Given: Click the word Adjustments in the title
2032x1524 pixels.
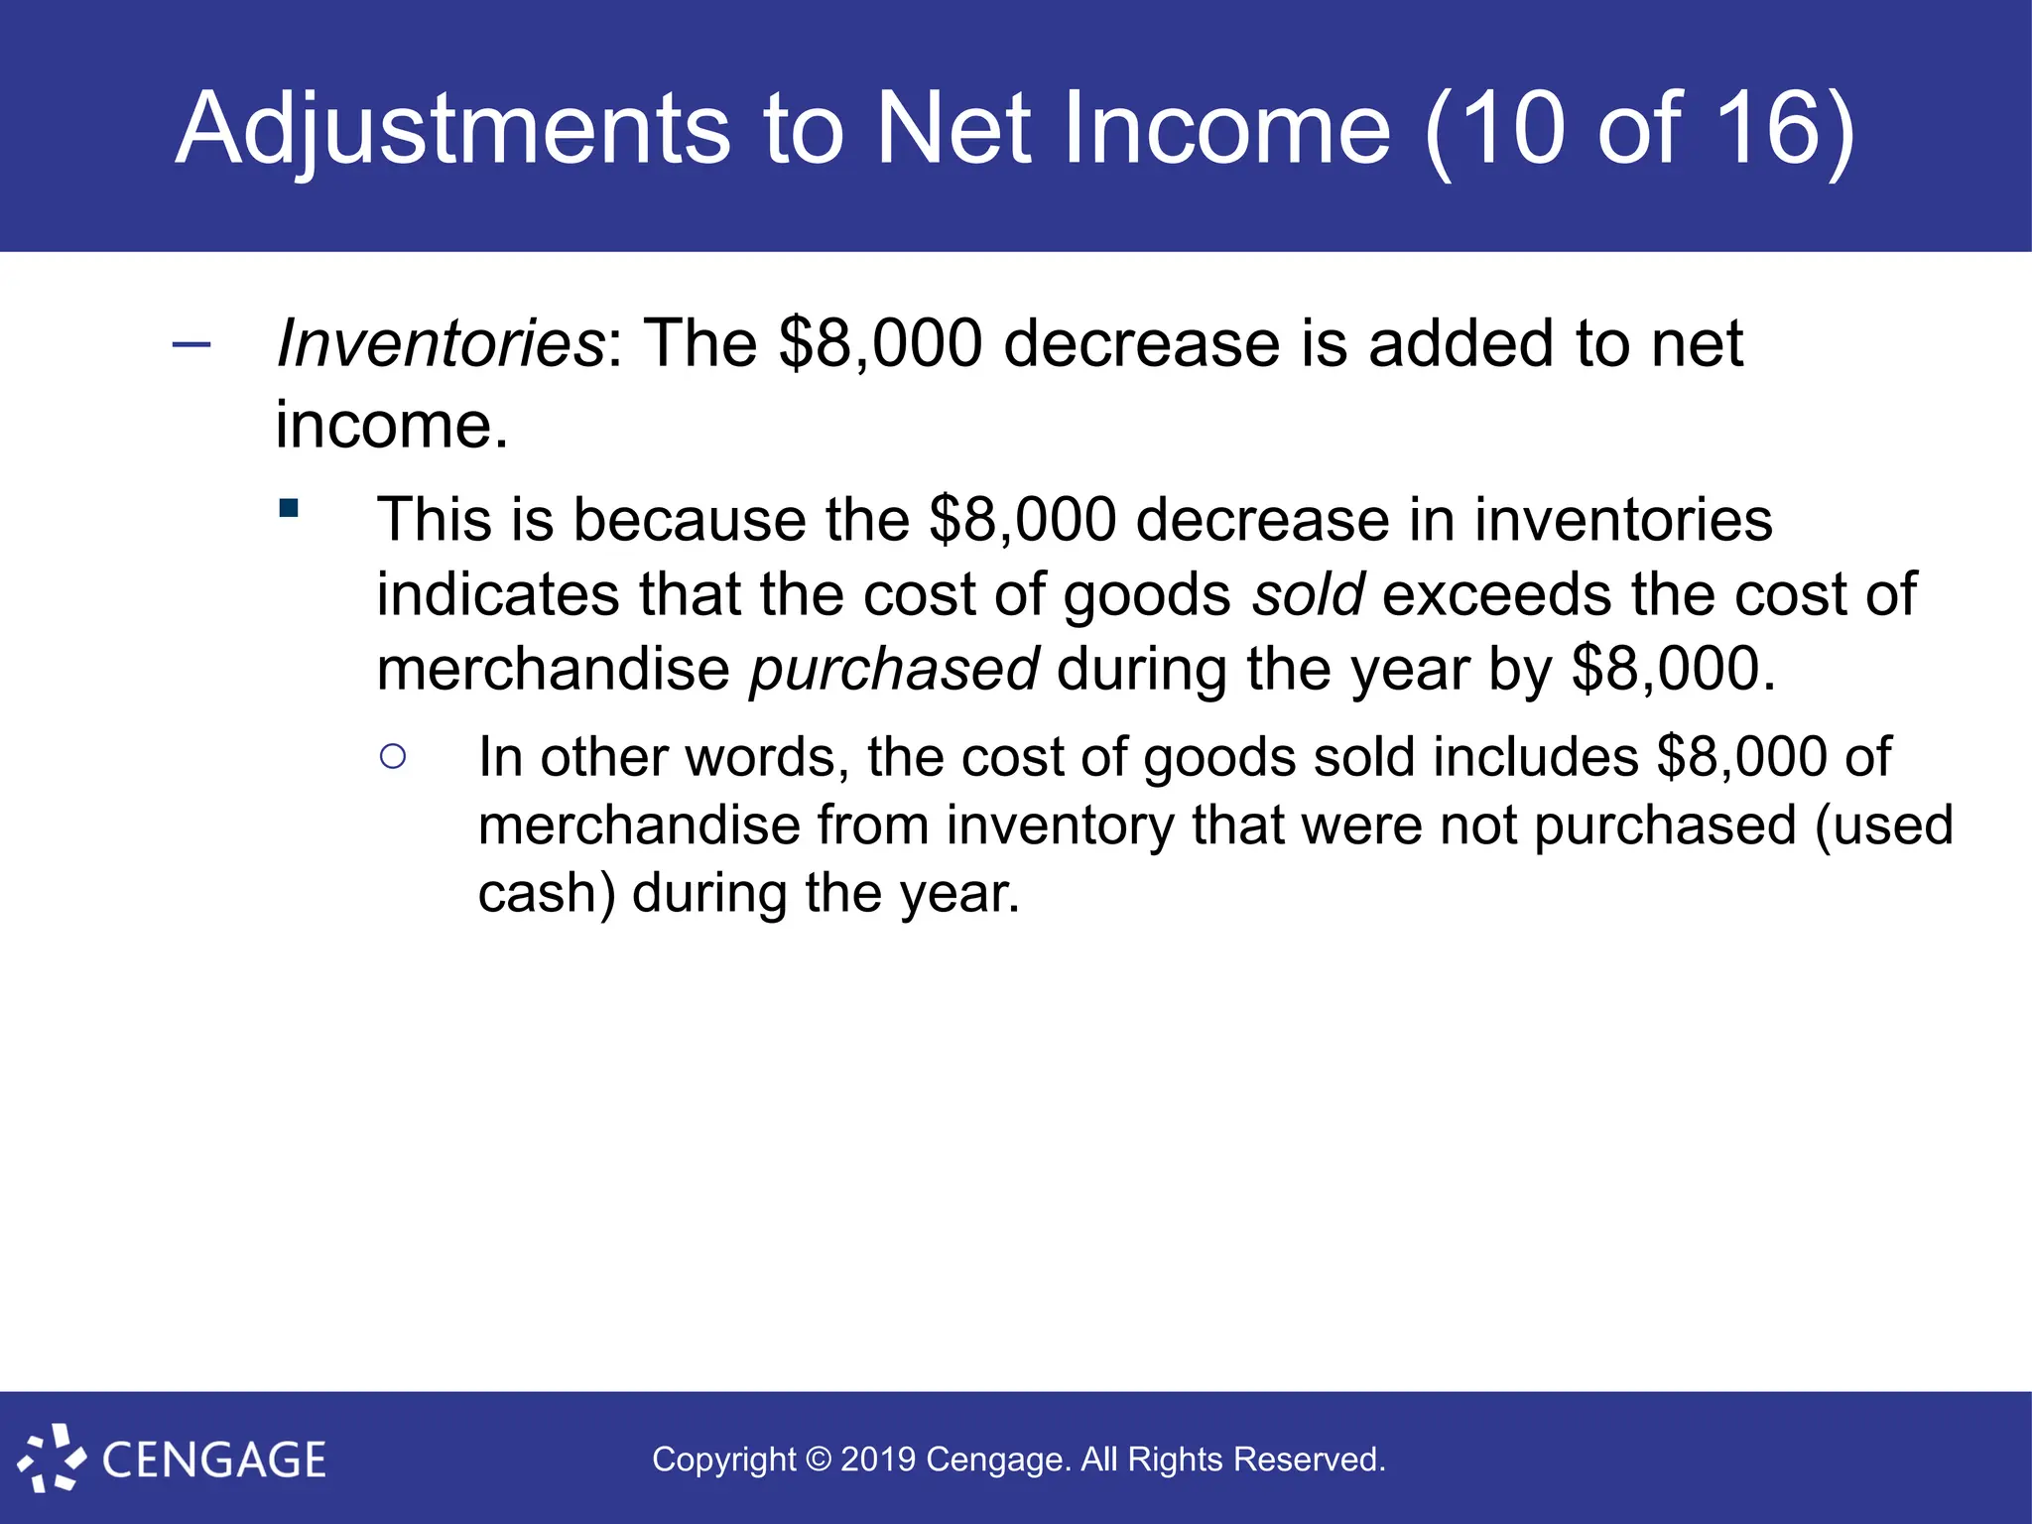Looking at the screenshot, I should (451, 129).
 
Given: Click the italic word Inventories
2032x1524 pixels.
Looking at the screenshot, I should (440, 343).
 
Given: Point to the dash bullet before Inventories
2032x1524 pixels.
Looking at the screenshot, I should (191, 345).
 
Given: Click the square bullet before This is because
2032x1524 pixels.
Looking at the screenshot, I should (289, 509).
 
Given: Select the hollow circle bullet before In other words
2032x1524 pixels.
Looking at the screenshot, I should (393, 757).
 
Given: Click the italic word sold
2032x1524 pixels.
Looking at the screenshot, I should (1308, 594).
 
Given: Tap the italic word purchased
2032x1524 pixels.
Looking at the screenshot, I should (894, 670).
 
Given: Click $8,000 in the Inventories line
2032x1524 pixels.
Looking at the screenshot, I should (880, 343).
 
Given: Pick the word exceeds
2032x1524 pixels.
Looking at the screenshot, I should (1497, 594).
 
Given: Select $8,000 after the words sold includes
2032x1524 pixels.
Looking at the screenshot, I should (1741, 757).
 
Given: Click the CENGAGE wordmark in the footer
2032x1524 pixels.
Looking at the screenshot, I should (214, 1460).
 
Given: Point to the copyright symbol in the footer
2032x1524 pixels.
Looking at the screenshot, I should (819, 1460).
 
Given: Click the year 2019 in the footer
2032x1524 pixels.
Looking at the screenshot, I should (877, 1460).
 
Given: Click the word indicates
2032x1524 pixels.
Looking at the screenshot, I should (498, 594).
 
